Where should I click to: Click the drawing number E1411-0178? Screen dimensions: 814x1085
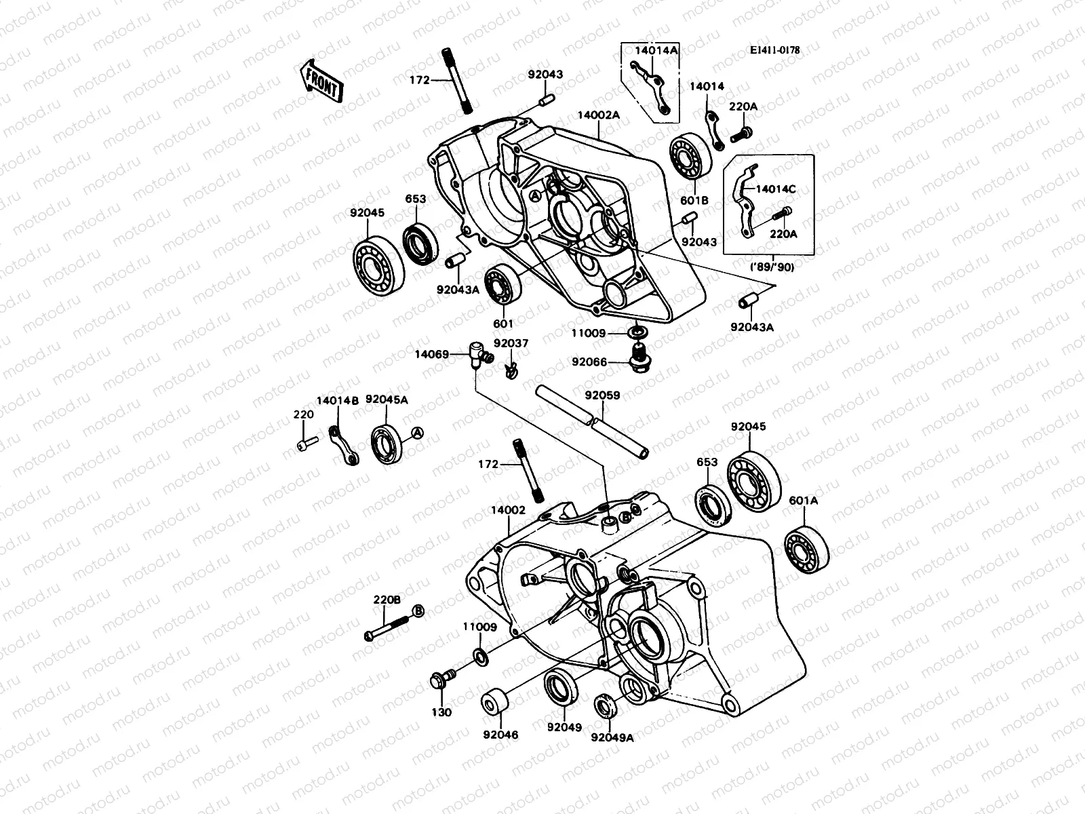[774, 50]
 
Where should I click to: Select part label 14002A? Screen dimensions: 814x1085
[599, 115]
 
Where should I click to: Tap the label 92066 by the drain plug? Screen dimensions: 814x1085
[589, 362]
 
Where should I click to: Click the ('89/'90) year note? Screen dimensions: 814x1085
[772, 267]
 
